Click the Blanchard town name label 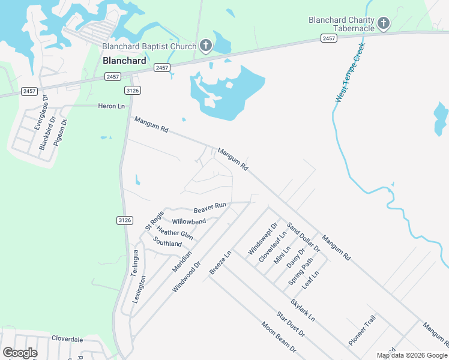(124, 61)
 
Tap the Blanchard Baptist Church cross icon (205, 46)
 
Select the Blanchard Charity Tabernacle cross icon (384, 24)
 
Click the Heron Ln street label (111, 106)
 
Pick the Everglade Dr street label (40, 113)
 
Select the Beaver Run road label (209, 208)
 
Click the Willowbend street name (189, 221)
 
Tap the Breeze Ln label (220, 263)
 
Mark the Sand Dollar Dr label (303, 236)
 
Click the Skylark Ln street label (303, 309)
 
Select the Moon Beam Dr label (279, 337)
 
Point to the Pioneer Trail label (361, 330)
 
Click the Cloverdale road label (67, 339)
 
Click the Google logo (20, 352)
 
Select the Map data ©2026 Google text (412, 355)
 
